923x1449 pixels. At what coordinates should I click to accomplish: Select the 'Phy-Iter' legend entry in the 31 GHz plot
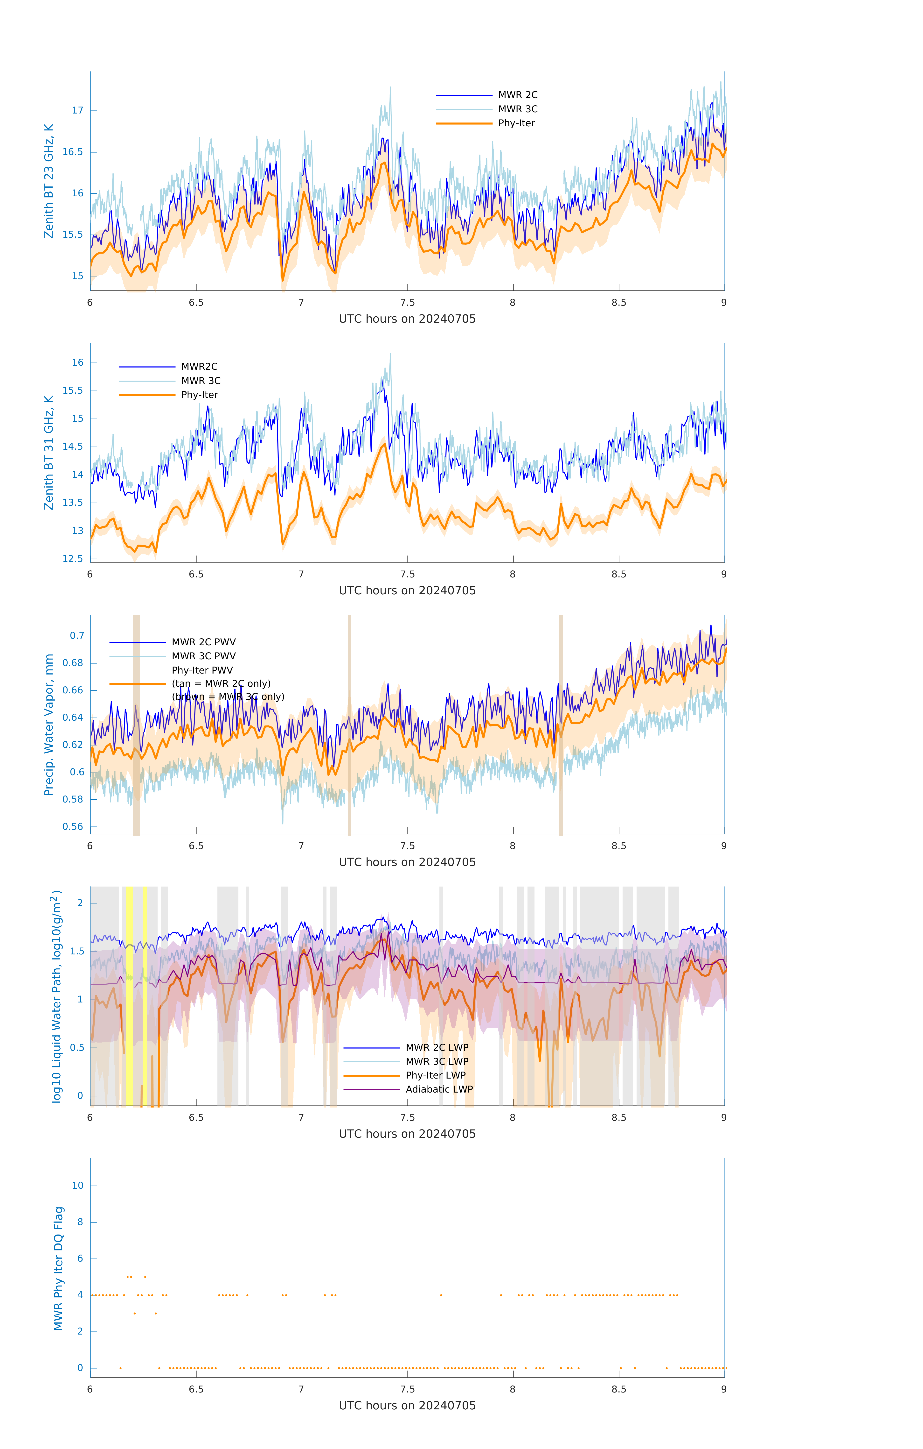199,395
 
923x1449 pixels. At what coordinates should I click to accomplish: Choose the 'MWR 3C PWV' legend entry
203,656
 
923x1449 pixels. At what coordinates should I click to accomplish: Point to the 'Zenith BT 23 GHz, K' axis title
49,181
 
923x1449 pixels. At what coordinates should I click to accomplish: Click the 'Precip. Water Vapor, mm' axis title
49,724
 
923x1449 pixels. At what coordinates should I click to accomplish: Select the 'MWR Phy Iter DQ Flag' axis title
58,1268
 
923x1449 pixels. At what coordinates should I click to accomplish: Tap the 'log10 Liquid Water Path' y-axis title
56,996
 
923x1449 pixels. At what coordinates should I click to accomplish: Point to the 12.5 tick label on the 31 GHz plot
73,558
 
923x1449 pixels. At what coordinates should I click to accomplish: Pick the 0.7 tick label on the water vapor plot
77,635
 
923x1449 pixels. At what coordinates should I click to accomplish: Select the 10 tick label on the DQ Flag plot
77,1186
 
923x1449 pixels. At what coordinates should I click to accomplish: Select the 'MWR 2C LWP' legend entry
437,1047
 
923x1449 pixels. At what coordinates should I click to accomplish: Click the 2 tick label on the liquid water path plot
80,903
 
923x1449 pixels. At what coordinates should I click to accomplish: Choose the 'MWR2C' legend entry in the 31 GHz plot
199,366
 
